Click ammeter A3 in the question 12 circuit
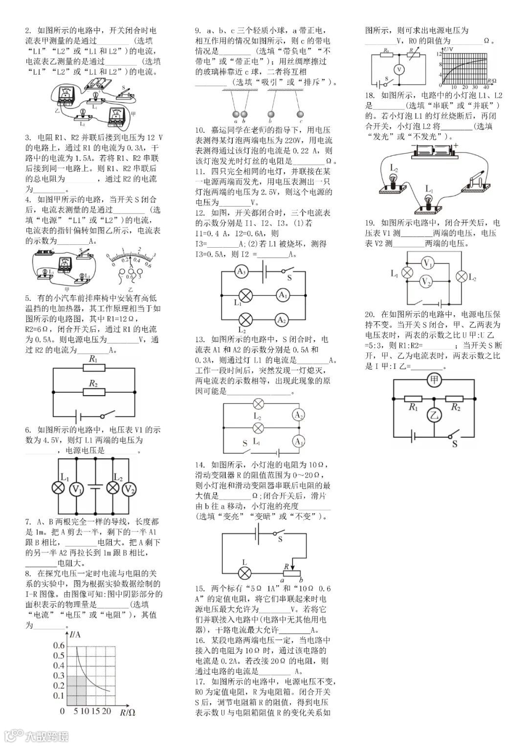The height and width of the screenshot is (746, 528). (240, 272)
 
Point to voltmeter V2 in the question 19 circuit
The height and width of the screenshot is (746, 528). (426, 281)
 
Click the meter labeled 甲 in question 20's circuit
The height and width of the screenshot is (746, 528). (434, 380)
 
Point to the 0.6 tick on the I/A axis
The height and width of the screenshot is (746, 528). (59, 646)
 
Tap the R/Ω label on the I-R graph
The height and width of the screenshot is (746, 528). (128, 713)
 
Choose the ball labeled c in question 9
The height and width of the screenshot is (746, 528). (300, 114)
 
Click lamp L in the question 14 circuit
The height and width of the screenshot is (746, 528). (245, 573)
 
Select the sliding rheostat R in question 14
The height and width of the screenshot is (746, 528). (291, 573)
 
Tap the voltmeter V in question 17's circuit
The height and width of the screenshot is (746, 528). (399, 70)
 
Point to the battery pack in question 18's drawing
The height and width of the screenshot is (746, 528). (433, 150)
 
